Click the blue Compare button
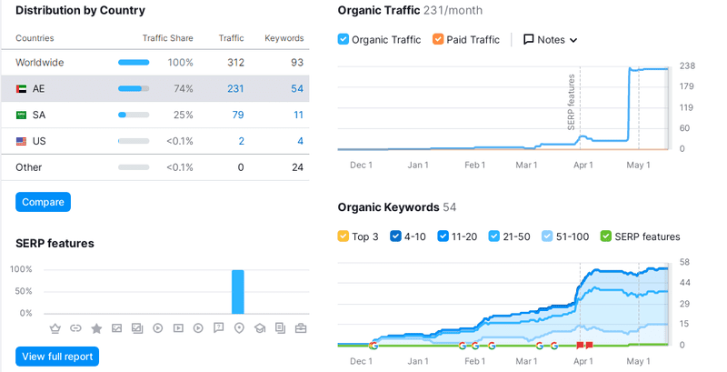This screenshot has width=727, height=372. coord(43,202)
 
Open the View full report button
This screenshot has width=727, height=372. coord(57,357)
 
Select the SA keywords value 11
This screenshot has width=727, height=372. coord(298,116)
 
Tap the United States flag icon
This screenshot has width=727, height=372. coord(21,142)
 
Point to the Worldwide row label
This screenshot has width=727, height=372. coord(40,63)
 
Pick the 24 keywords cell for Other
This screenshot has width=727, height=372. coord(297,167)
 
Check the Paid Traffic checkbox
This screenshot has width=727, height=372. coord(439,40)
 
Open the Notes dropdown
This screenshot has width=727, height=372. coord(551,40)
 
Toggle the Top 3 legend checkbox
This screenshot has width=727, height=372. coord(344,236)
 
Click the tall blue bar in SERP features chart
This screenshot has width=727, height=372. coord(238,291)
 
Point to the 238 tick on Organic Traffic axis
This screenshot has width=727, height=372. coord(687,66)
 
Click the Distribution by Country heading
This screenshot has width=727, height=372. coord(80,11)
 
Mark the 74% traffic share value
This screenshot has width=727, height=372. coord(182,89)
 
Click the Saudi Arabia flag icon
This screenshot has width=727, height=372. coord(21,116)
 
